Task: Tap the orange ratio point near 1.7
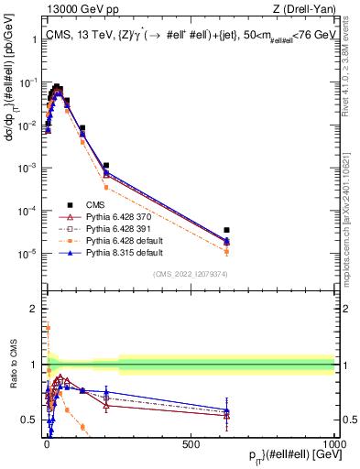(47, 326)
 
